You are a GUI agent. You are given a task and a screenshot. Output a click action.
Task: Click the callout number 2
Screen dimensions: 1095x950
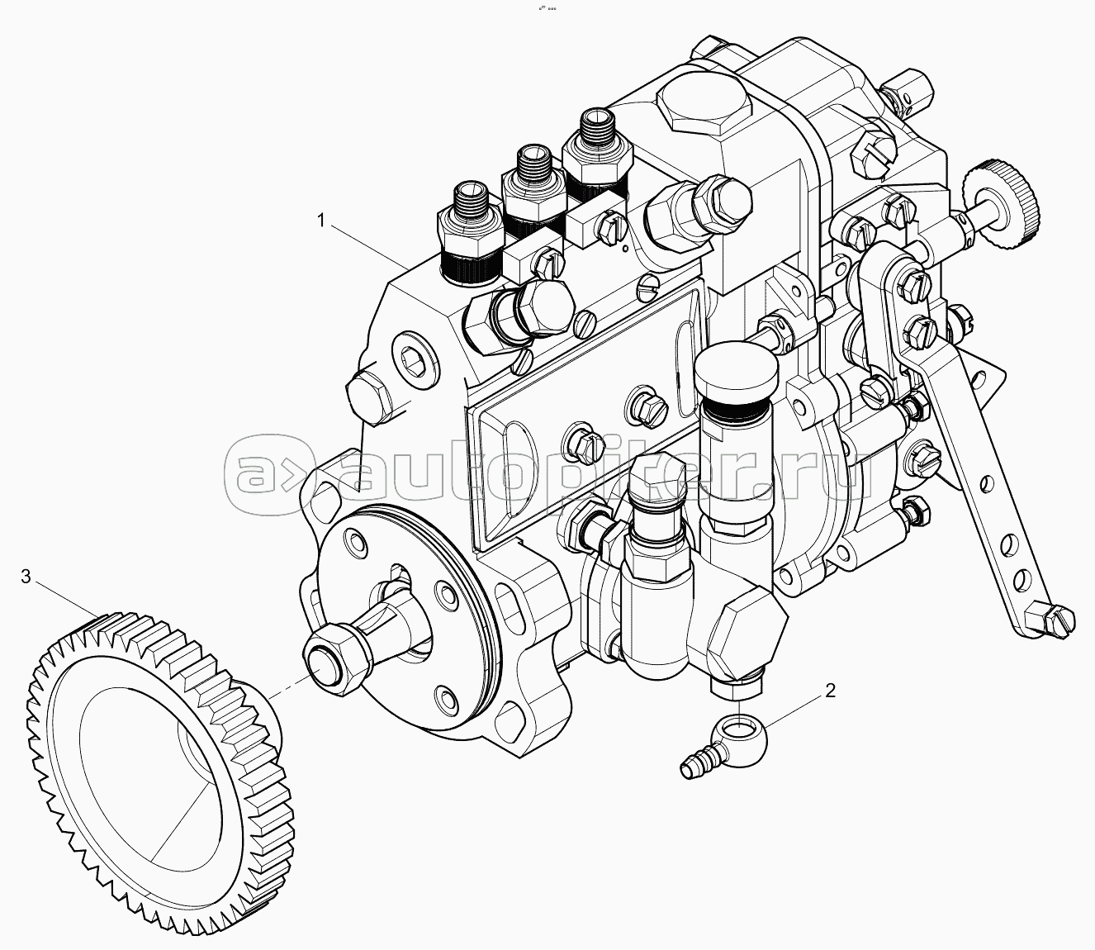pos(831,691)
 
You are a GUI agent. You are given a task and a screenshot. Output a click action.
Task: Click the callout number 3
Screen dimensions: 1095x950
pos(26,576)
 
